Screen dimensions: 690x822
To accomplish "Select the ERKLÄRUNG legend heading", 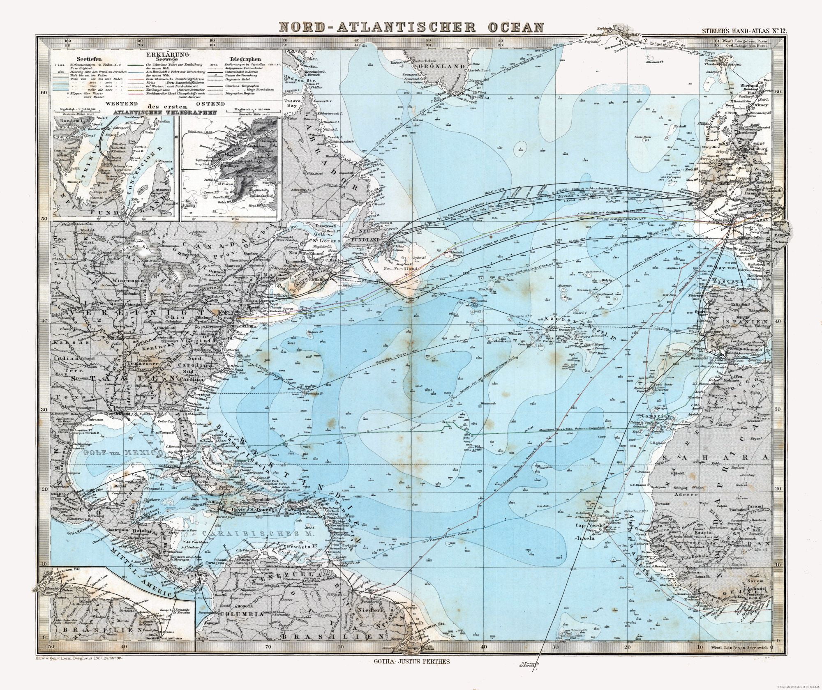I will (x=169, y=54).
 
